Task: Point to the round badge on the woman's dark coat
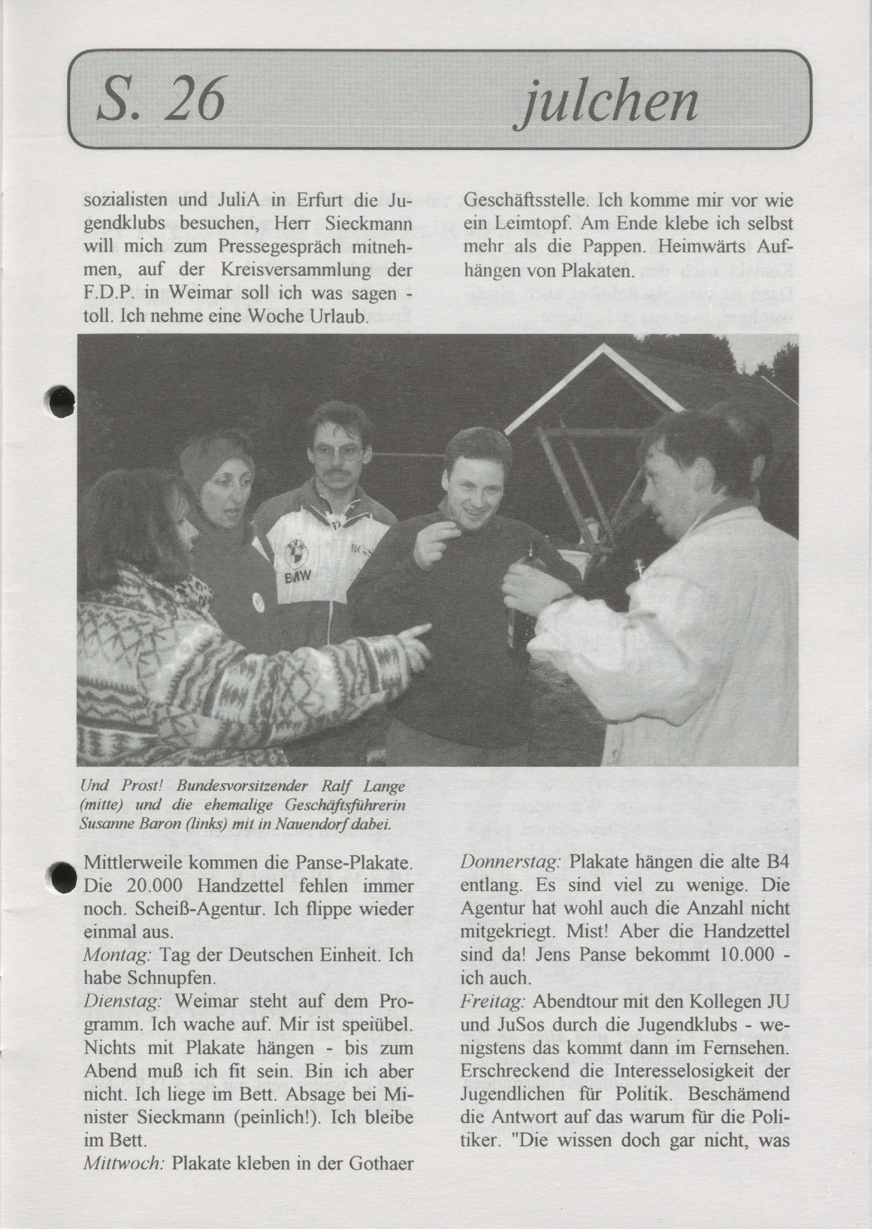click(x=258, y=602)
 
